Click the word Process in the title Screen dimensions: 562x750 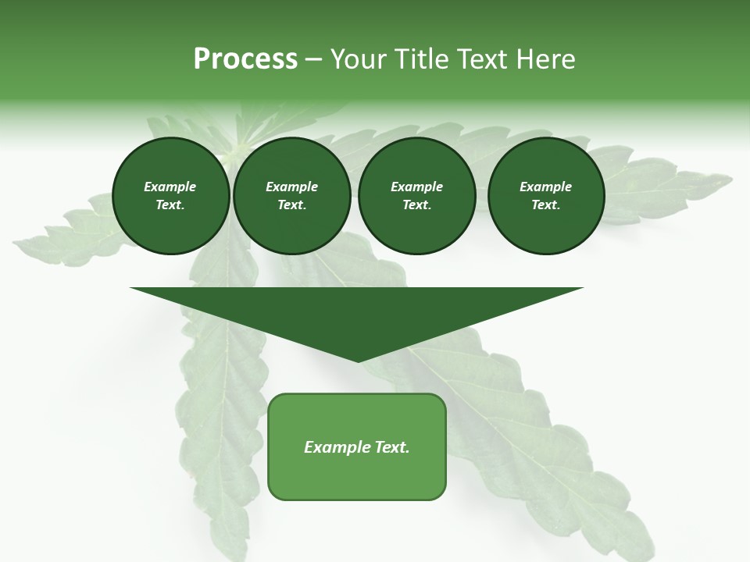(x=245, y=59)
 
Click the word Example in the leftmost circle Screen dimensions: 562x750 (x=170, y=187)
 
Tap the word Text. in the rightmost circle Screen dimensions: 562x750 (x=545, y=205)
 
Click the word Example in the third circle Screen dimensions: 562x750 (x=416, y=187)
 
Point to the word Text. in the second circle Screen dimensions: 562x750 (x=291, y=205)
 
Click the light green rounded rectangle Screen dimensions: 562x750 (x=357, y=476)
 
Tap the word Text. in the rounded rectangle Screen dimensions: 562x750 (x=392, y=447)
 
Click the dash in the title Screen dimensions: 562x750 (x=314, y=59)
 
